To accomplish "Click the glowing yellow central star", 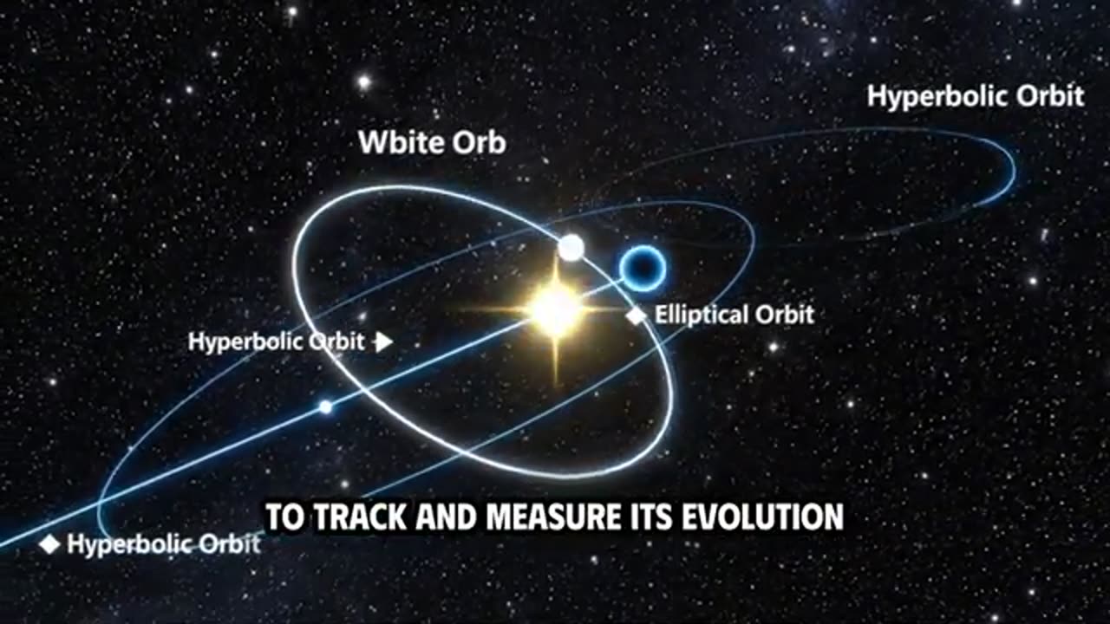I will coord(555,309).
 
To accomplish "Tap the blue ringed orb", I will coord(643,268).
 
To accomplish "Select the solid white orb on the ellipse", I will coord(571,248).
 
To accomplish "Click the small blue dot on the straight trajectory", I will coord(325,406).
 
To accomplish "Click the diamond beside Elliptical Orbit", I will coord(637,315).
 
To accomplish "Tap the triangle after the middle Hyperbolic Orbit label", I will coord(382,341).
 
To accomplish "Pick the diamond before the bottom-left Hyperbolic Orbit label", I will coord(50,544).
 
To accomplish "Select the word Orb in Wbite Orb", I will coord(478,143).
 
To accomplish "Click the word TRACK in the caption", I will coord(358,517).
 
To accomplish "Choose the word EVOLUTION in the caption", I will coord(762,517).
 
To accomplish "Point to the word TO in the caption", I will coord(284,517).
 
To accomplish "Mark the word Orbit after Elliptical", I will coord(785,315).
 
